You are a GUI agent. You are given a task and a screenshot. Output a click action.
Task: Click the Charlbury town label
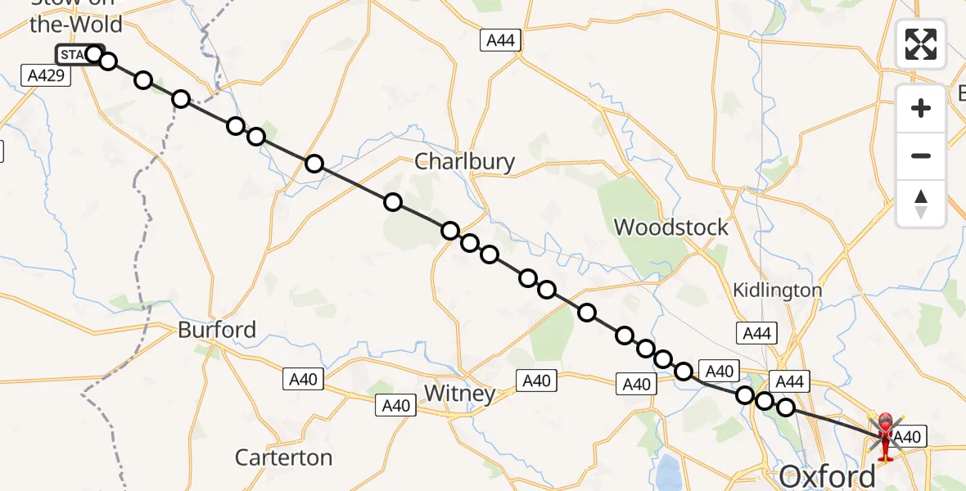coord(464,161)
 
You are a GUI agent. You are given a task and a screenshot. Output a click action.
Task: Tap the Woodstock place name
coord(670,227)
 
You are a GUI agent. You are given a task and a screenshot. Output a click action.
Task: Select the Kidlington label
coord(777,290)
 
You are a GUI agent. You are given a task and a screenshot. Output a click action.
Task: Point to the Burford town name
coord(217,330)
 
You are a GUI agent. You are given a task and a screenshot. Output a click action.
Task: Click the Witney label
coord(459,394)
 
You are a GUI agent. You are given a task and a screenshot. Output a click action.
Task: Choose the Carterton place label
coord(283,457)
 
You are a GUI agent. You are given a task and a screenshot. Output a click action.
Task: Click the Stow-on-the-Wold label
coord(75,16)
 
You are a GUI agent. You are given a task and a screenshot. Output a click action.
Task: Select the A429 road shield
coord(47,76)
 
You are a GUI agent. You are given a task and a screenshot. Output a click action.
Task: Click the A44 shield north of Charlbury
coord(501,41)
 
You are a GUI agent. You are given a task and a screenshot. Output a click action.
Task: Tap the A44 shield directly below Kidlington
coord(756,333)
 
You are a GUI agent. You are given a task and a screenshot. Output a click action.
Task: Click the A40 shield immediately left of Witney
coord(395,404)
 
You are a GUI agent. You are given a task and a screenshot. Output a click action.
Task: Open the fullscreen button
coord(921,43)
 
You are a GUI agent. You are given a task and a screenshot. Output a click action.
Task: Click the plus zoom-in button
coord(921,108)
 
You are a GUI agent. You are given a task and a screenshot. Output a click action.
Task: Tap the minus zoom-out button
coord(921,155)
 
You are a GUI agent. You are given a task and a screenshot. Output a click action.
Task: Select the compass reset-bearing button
coord(921,204)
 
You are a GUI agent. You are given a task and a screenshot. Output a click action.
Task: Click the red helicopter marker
coord(886,434)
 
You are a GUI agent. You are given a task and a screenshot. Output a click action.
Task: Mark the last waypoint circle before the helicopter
coord(786,407)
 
